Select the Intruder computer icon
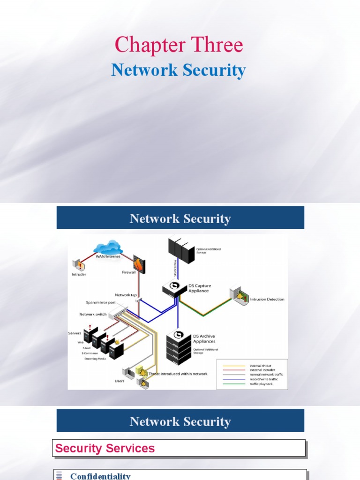(x=78, y=265)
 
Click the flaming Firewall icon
(x=139, y=264)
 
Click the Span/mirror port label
(x=100, y=302)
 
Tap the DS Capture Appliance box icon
(x=174, y=288)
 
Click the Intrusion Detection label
(x=268, y=299)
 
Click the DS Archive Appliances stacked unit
(x=179, y=348)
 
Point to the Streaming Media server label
(x=95, y=359)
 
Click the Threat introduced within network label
(x=178, y=374)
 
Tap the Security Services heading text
(x=105, y=449)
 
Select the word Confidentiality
(x=100, y=476)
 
